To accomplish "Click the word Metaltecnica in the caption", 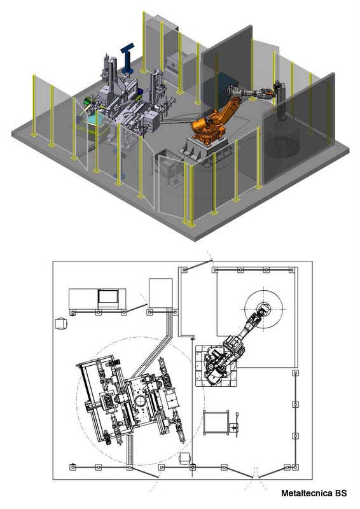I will tap(306, 493).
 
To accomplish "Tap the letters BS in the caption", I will tap(341, 493).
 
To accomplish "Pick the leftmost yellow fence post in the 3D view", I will tap(32, 106).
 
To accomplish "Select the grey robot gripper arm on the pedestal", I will tap(261, 94).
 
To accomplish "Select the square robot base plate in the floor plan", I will tap(216, 366).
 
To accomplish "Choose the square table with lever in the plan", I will tap(216, 423).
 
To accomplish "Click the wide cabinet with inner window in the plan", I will tap(97, 298).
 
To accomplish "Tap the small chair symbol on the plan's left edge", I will tap(61, 323).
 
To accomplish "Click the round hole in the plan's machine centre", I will tap(139, 401).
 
